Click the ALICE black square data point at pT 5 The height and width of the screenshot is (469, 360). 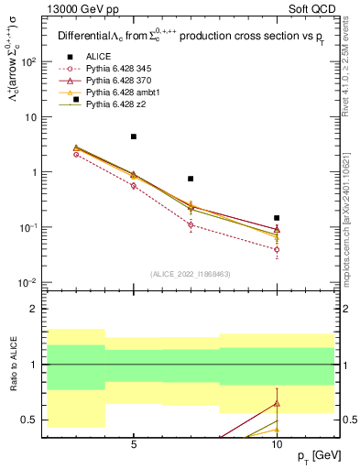pyautogui.click(x=134, y=136)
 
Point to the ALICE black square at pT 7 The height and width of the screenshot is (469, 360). pyautogui.click(x=191, y=179)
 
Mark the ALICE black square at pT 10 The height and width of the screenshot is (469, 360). pyautogui.click(x=277, y=218)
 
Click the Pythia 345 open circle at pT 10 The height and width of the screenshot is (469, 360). pyautogui.click(x=277, y=249)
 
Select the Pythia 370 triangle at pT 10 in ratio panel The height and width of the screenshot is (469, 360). pyautogui.click(x=277, y=403)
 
